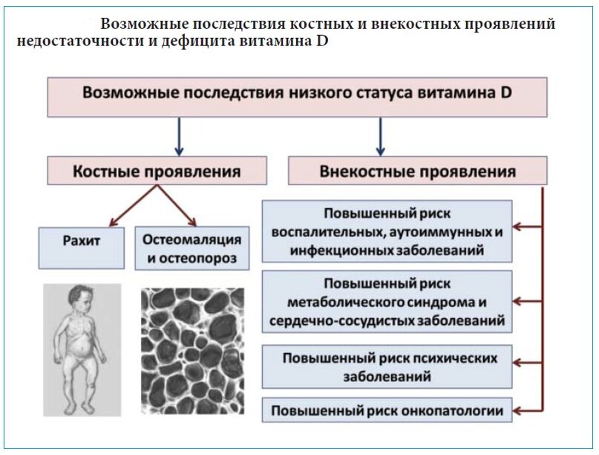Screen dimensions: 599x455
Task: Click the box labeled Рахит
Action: tap(82, 248)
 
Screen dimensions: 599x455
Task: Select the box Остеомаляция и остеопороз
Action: tap(192, 248)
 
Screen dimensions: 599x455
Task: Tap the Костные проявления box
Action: tap(157, 171)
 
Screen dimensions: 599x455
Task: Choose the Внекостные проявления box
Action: tap(418, 171)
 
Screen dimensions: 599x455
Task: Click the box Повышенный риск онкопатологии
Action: tap(387, 410)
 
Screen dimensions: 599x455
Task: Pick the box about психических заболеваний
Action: tap(387, 367)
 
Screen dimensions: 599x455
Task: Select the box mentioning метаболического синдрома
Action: tap(387, 302)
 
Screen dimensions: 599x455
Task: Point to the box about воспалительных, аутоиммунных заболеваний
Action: tap(387, 231)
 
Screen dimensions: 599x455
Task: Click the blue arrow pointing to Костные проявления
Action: tap(179, 137)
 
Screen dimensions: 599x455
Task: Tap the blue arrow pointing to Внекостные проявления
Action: tap(380, 137)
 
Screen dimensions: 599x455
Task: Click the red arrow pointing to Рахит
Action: tap(134, 206)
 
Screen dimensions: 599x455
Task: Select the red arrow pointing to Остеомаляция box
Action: tap(177, 206)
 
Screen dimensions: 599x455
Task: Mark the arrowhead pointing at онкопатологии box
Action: tap(517, 411)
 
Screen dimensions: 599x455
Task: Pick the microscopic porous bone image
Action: tap(192, 351)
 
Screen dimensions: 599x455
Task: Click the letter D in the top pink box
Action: tap(505, 93)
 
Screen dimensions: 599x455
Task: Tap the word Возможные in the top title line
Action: tap(145, 24)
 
